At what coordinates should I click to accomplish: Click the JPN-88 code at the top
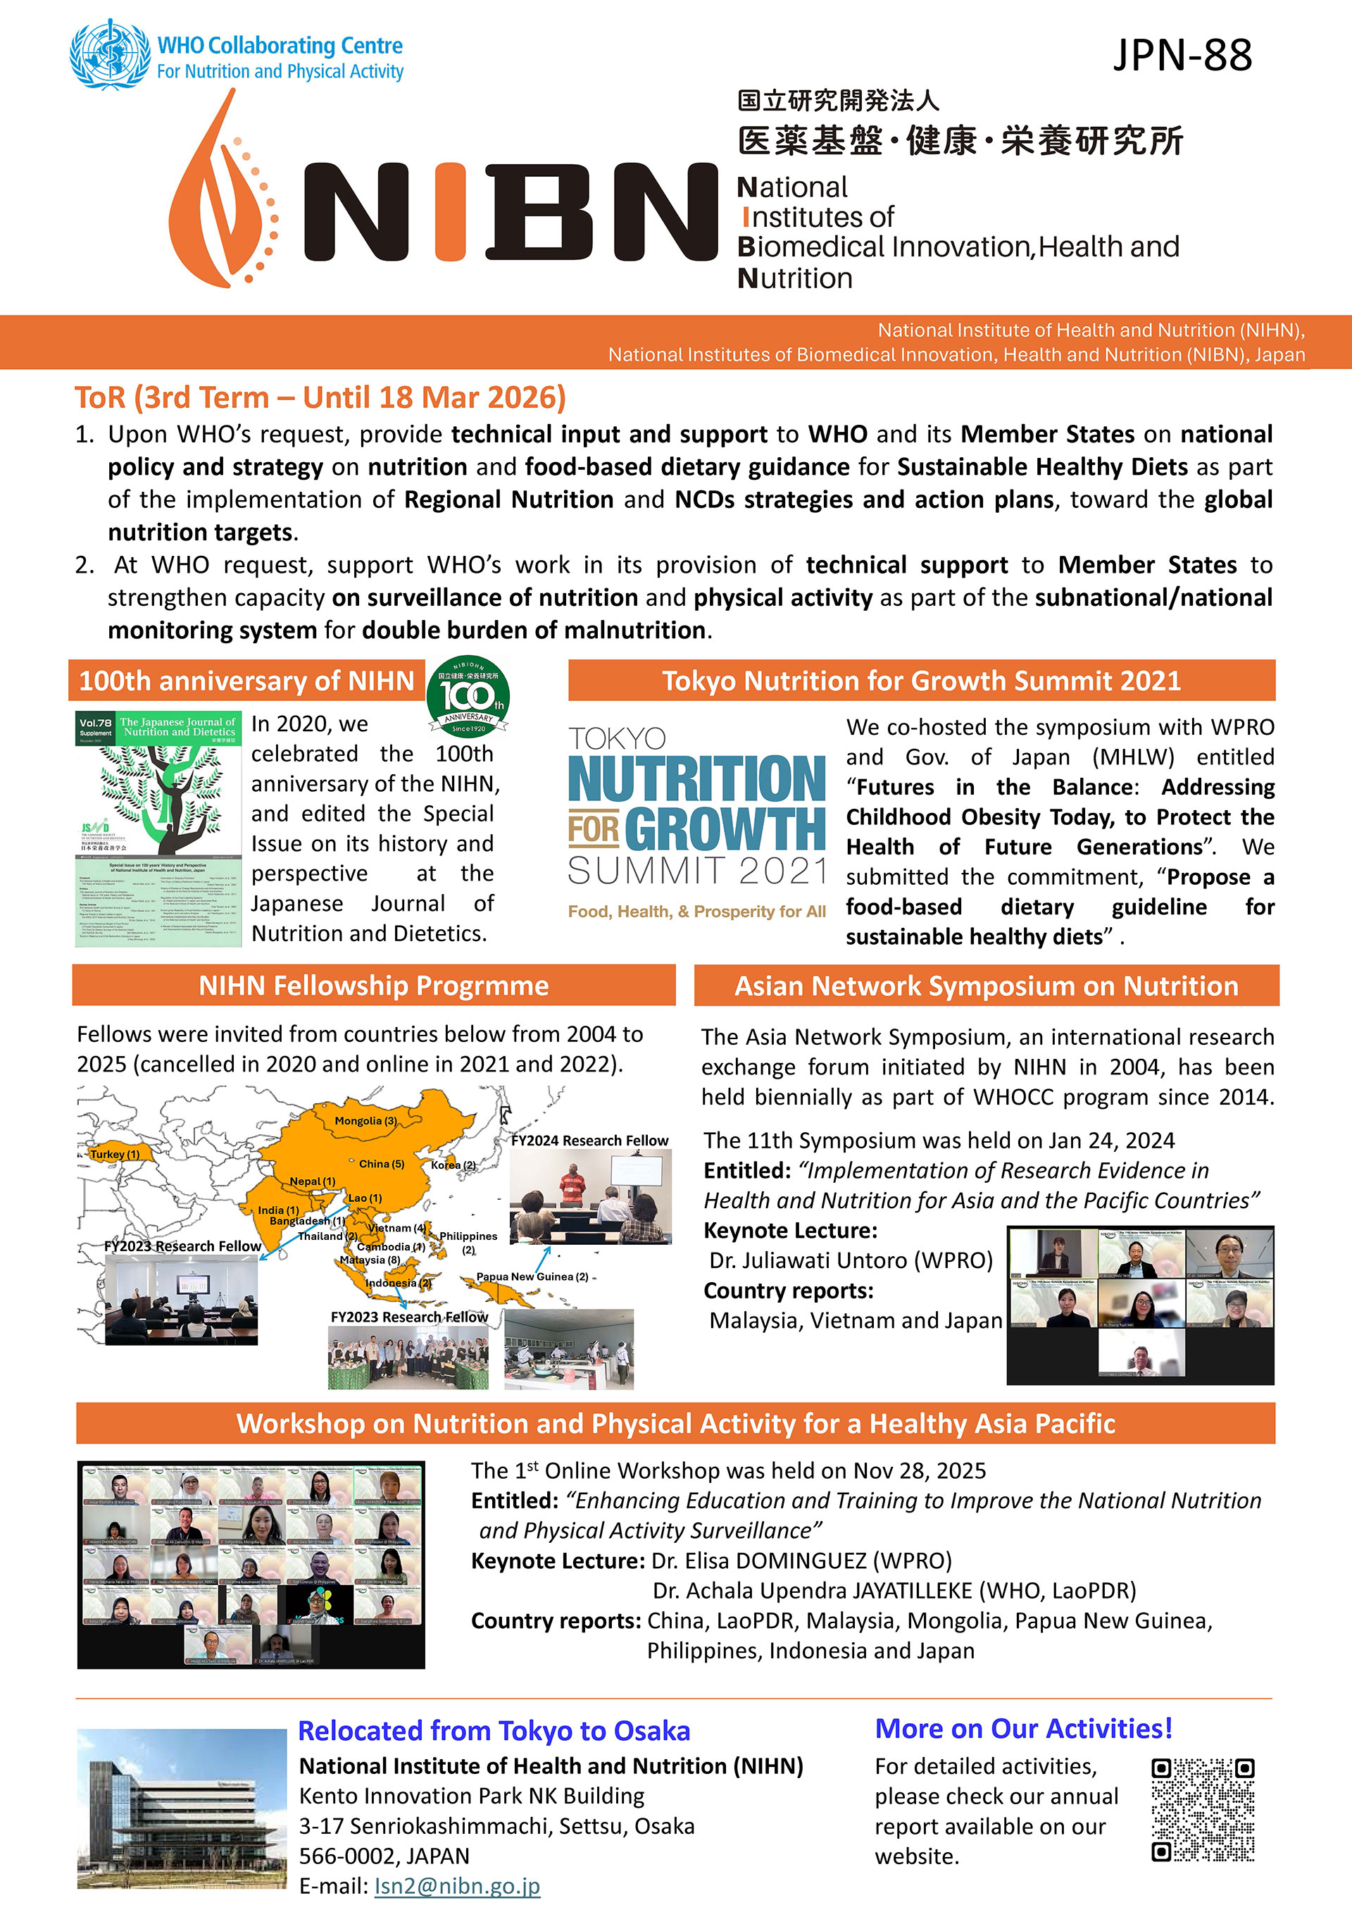point(1182,56)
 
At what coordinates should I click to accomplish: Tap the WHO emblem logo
point(110,54)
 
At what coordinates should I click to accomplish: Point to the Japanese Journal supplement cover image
point(158,828)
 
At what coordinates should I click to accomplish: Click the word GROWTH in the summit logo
point(725,828)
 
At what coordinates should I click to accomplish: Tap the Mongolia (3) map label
point(365,1121)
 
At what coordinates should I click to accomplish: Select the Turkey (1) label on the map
point(115,1154)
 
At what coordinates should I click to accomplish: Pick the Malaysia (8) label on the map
point(370,1260)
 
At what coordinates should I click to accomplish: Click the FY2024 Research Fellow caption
point(589,1140)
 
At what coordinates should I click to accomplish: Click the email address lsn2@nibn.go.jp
point(457,1885)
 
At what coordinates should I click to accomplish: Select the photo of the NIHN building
point(182,1808)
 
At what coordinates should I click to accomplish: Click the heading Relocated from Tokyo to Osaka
point(494,1730)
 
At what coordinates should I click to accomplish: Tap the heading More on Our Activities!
point(1023,1729)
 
